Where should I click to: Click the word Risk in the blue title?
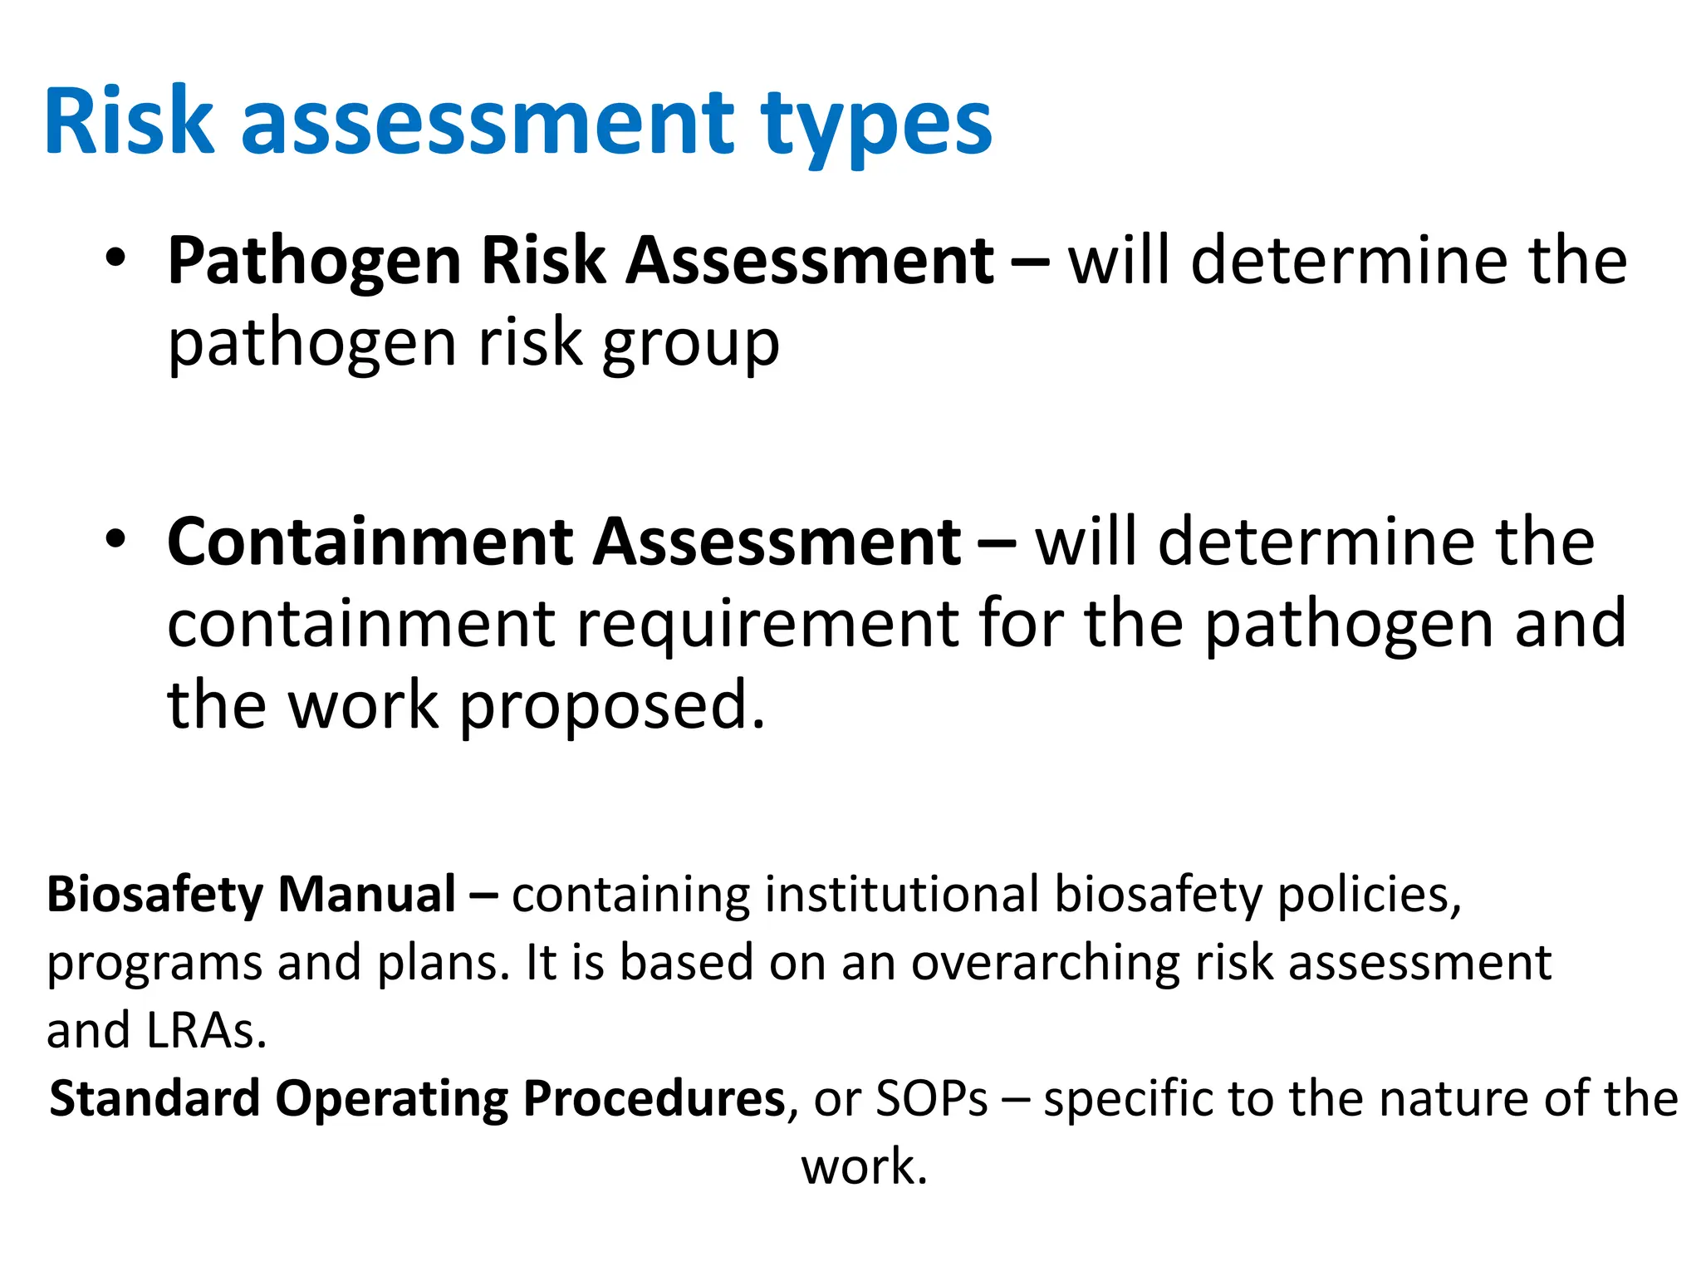coord(130,122)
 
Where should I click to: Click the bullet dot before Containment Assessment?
coord(115,538)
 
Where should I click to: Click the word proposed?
coord(611,707)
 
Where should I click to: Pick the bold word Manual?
coord(366,895)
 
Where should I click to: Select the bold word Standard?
coord(154,1099)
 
